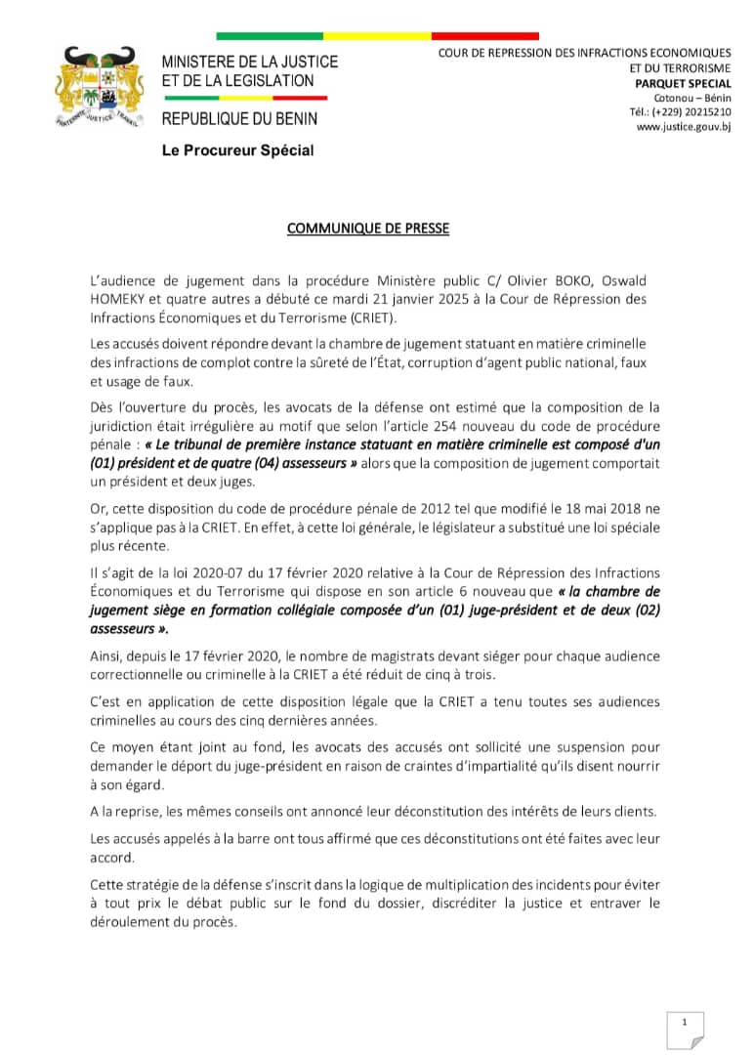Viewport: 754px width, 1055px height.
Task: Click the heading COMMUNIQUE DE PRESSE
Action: [x=367, y=229]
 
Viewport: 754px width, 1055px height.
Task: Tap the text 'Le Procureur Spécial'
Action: [x=237, y=150]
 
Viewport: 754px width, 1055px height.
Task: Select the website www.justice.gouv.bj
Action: [x=683, y=126]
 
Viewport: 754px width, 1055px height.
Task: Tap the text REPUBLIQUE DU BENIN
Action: [x=239, y=119]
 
